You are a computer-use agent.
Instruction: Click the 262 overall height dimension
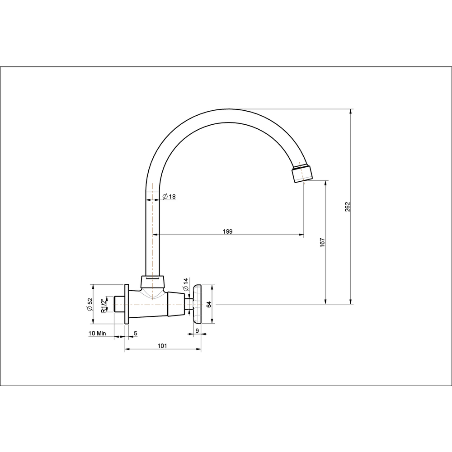347,207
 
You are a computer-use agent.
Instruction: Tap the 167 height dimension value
322,242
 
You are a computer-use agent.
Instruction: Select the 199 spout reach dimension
228,231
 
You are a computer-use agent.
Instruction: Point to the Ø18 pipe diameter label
169,197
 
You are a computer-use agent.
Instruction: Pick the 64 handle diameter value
209,304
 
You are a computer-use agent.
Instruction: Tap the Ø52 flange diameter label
89,304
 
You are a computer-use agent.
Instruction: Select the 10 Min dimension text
98,333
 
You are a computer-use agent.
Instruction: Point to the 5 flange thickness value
136,333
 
